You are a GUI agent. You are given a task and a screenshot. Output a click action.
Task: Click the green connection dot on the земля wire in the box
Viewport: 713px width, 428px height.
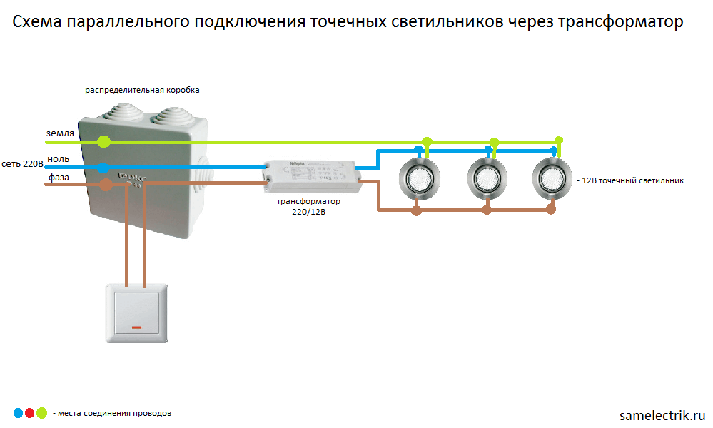(x=104, y=141)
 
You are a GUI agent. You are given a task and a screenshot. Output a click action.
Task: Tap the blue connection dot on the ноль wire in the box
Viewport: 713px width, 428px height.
(x=103, y=168)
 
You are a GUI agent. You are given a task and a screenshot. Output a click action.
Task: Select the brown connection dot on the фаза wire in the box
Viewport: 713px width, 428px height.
(x=106, y=185)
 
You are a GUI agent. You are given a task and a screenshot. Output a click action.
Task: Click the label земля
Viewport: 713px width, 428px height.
(x=60, y=133)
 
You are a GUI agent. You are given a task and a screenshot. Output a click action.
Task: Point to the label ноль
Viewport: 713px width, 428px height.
(x=58, y=158)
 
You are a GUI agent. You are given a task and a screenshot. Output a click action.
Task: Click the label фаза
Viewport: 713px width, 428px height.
(x=59, y=177)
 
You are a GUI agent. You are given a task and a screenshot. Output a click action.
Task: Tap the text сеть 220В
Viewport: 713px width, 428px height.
(x=23, y=164)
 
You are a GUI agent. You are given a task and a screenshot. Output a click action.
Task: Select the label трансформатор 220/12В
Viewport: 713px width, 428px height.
(x=308, y=207)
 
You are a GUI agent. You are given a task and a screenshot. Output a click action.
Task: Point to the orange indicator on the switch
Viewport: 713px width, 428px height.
(x=136, y=329)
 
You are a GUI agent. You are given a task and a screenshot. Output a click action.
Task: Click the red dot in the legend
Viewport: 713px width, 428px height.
(x=29, y=412)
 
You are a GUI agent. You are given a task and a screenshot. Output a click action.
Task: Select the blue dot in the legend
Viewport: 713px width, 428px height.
(x=17, y=412)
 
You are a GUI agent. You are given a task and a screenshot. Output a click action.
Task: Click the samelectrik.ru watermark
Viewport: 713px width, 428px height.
(x=662, y=414)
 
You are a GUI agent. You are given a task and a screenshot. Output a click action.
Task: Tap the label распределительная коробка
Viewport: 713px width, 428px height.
(x=143, y=91)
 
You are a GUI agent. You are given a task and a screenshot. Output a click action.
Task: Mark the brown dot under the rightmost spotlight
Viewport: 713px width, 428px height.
(x=550, y=210)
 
